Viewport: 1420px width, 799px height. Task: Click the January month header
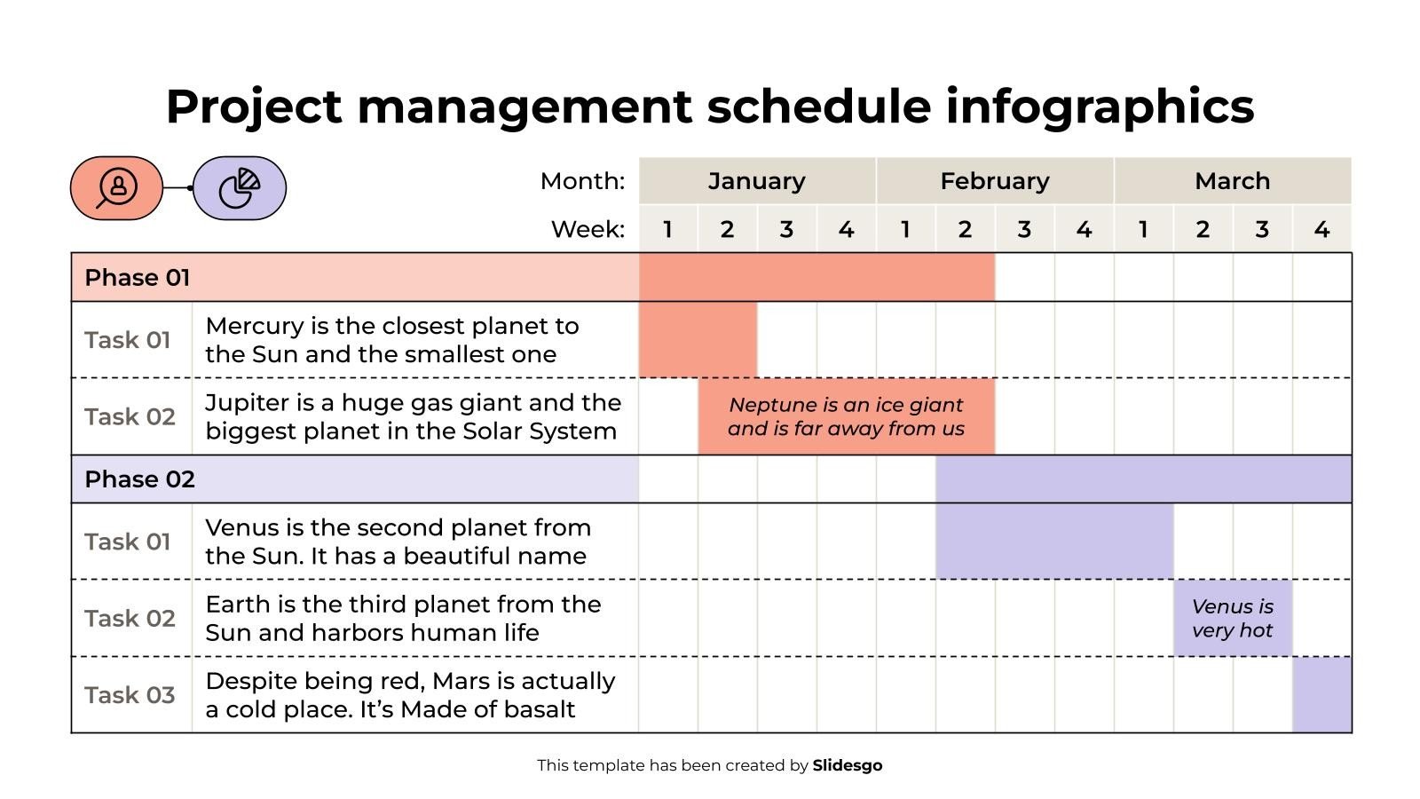coord(756,181)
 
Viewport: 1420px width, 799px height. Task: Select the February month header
coord(994,181)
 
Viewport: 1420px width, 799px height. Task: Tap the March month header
coord(1232,181)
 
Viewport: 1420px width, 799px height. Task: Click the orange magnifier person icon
coord(116,188)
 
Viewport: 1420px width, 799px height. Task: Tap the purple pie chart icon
coord(240,188)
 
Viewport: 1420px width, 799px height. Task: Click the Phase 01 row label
coord(138,278)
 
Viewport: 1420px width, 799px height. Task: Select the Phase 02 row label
coord(139,479)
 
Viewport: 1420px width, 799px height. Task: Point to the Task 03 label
coord(130,695)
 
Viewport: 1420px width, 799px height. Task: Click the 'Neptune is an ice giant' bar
coord(846,416)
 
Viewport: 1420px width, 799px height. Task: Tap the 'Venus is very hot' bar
coord(1232,619)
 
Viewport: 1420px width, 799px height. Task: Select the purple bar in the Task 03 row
coord(1321,695)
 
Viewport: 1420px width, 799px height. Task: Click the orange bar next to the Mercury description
coord(698,340)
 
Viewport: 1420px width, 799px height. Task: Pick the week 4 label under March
coord(1321,230)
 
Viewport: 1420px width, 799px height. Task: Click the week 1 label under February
coord(905,230)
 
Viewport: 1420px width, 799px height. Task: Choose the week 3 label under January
coord(786,230)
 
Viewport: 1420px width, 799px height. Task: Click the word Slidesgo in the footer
coord(847,765)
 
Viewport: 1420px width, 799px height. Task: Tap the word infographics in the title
coord(1100,107)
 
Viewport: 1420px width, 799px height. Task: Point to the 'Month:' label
coord(582,181)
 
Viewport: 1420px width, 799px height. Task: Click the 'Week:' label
coord(588,230)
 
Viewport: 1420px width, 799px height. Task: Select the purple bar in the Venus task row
coord(1053,542)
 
